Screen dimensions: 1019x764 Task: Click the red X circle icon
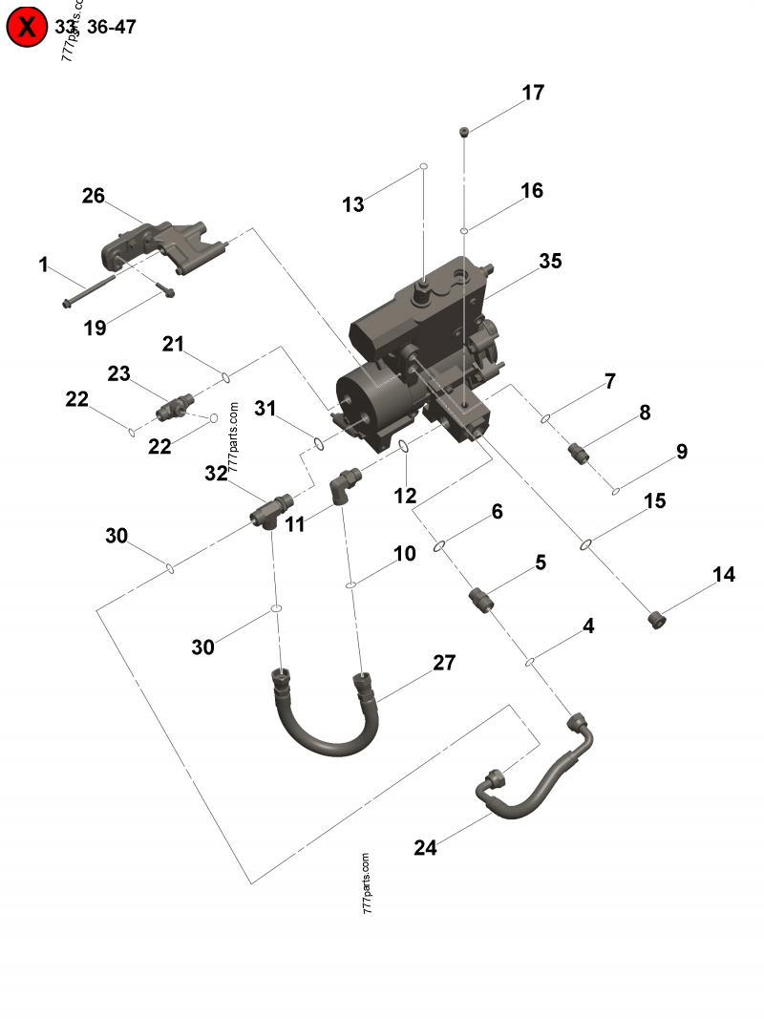[27, 27]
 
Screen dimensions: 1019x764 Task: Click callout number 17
[533, 93]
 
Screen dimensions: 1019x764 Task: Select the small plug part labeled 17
[463, 131]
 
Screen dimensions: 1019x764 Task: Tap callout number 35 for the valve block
[550, 261]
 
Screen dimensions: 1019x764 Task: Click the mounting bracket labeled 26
[162, 246]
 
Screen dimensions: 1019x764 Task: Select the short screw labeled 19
[163, 289]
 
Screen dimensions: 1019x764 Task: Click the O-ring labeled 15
[586, 545]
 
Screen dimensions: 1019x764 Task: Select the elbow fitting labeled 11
[345, 482]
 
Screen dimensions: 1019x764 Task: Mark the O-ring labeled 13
[421, 167]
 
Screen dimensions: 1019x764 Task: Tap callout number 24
[425, 847]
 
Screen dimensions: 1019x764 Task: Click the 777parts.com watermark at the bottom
[368, 883]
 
